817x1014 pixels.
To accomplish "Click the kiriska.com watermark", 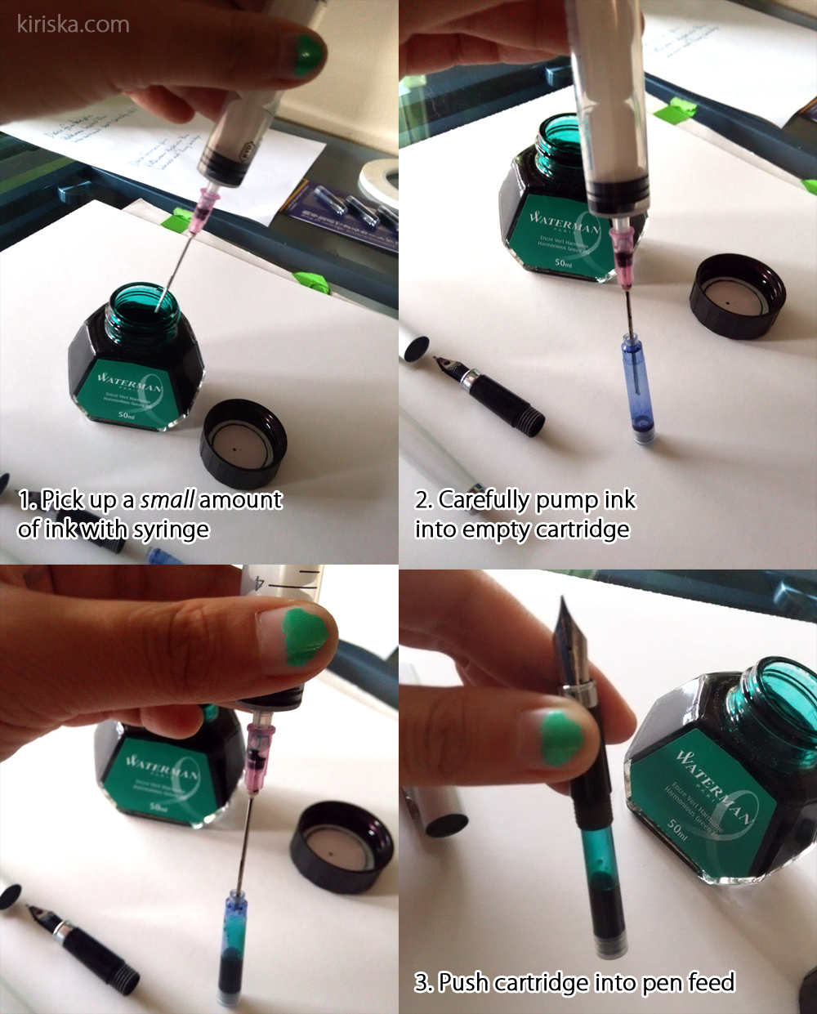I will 74,25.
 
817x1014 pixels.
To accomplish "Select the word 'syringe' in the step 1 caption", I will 171,529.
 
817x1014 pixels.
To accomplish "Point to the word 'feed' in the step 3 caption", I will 711,981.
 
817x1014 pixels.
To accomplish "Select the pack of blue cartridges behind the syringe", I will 343,209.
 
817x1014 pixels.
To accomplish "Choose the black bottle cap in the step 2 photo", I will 736,296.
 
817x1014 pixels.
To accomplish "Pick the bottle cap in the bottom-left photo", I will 341,846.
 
